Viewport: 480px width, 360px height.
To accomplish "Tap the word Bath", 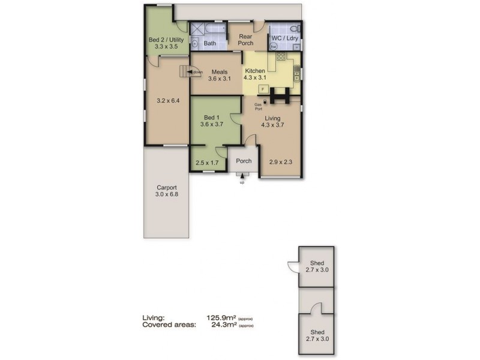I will (210, 43).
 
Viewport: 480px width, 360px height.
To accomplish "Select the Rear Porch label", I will (245, 40).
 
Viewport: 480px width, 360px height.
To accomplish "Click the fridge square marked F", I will (262, 89).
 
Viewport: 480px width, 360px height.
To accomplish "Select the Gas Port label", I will (258, 106).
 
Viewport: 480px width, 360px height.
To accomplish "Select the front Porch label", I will (244, 161).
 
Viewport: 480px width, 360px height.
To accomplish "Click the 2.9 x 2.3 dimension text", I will (280, 162).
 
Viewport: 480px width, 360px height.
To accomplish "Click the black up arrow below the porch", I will (242, 176).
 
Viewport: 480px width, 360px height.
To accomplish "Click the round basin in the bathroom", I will (195, 44).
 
